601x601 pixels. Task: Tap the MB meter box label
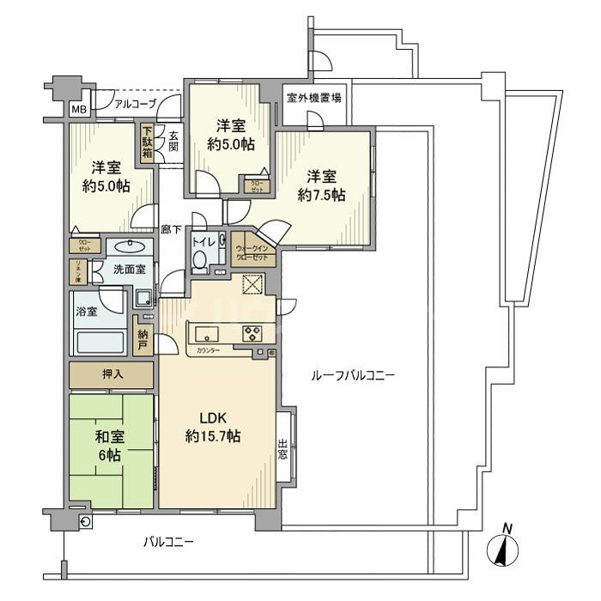[x=78, y=110]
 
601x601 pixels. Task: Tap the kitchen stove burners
[x=254, y=333]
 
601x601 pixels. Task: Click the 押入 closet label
[x=112, y=374]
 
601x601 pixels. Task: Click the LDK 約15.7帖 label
[x=214, y=427]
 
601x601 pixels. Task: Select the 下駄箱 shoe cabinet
[x=148, y=143]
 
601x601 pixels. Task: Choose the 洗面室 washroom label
[x=130, y=270]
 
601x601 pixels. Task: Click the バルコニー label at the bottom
[x=168, y=542]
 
